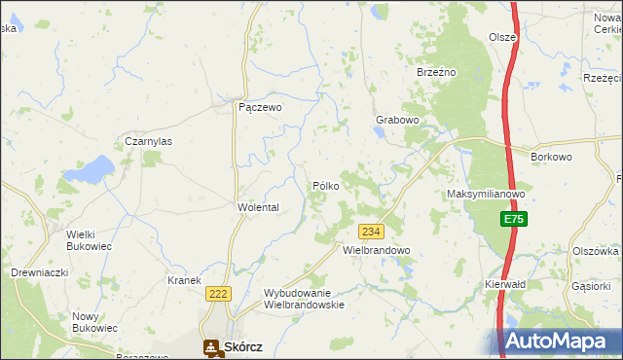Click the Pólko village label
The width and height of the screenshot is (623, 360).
click(x=325, y=185)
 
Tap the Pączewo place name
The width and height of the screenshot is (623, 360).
click(x=260, y=108)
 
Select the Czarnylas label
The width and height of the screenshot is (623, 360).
click(x=148, y=141)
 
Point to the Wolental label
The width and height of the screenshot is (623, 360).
click(x=258, y=207)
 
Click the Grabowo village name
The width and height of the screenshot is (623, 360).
click(x=397, y=121)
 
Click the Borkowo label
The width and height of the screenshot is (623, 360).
click(x=551, y=156)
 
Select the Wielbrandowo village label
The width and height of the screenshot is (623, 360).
click(x=377, y=250)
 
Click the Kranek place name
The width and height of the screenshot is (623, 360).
click(x=184, y=280)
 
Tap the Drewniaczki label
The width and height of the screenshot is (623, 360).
click(x=39, y=272)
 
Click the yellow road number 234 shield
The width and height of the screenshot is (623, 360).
click(x=371, y=232)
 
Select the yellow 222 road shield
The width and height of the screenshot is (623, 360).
click(x=217, y=293)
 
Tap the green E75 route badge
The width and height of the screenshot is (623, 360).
click(x=514, y=221)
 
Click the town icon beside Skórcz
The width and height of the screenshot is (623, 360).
click(x=210, y=346)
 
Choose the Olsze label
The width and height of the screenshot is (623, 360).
click(x=502, y=37)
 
